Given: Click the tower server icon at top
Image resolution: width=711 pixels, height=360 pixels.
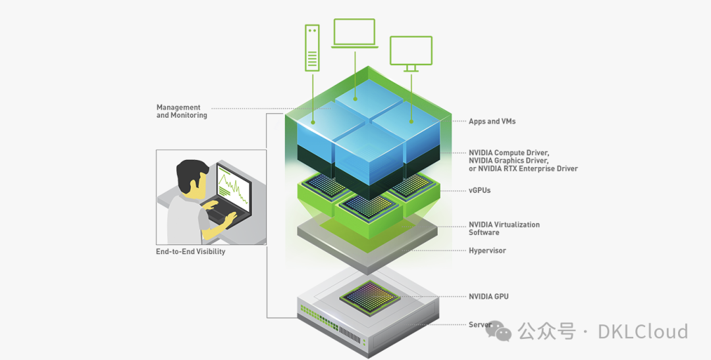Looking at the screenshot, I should [x=312, y=47].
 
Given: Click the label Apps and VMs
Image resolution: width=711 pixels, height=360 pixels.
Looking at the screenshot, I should [x=492, y=122].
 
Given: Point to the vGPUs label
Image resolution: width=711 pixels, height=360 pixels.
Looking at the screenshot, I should [x=479, y=190].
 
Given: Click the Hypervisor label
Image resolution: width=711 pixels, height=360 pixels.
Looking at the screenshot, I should [x=487, y=251].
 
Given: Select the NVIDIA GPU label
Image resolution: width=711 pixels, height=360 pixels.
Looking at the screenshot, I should [x=488, y=297].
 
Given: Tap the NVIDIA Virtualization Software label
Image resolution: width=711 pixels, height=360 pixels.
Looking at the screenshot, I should [x=504, y=228].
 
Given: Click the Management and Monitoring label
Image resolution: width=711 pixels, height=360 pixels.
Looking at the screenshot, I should [x=182, y=111].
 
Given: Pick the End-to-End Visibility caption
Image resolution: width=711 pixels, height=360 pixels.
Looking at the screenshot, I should [x=190, y=251].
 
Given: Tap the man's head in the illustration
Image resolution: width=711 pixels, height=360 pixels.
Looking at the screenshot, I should [x=192, y=177].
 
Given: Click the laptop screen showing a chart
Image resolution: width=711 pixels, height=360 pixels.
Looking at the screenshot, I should [x=234, y=188].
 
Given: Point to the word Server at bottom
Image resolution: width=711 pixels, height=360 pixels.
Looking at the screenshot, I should [x=480, y=325].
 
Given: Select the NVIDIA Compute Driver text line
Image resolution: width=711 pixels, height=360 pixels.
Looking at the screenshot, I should [x=508, y=153].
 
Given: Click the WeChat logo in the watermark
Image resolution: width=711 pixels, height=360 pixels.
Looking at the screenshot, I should [x=503, y=332].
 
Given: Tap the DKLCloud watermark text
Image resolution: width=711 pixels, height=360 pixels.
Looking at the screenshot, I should [x=643, y=331].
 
